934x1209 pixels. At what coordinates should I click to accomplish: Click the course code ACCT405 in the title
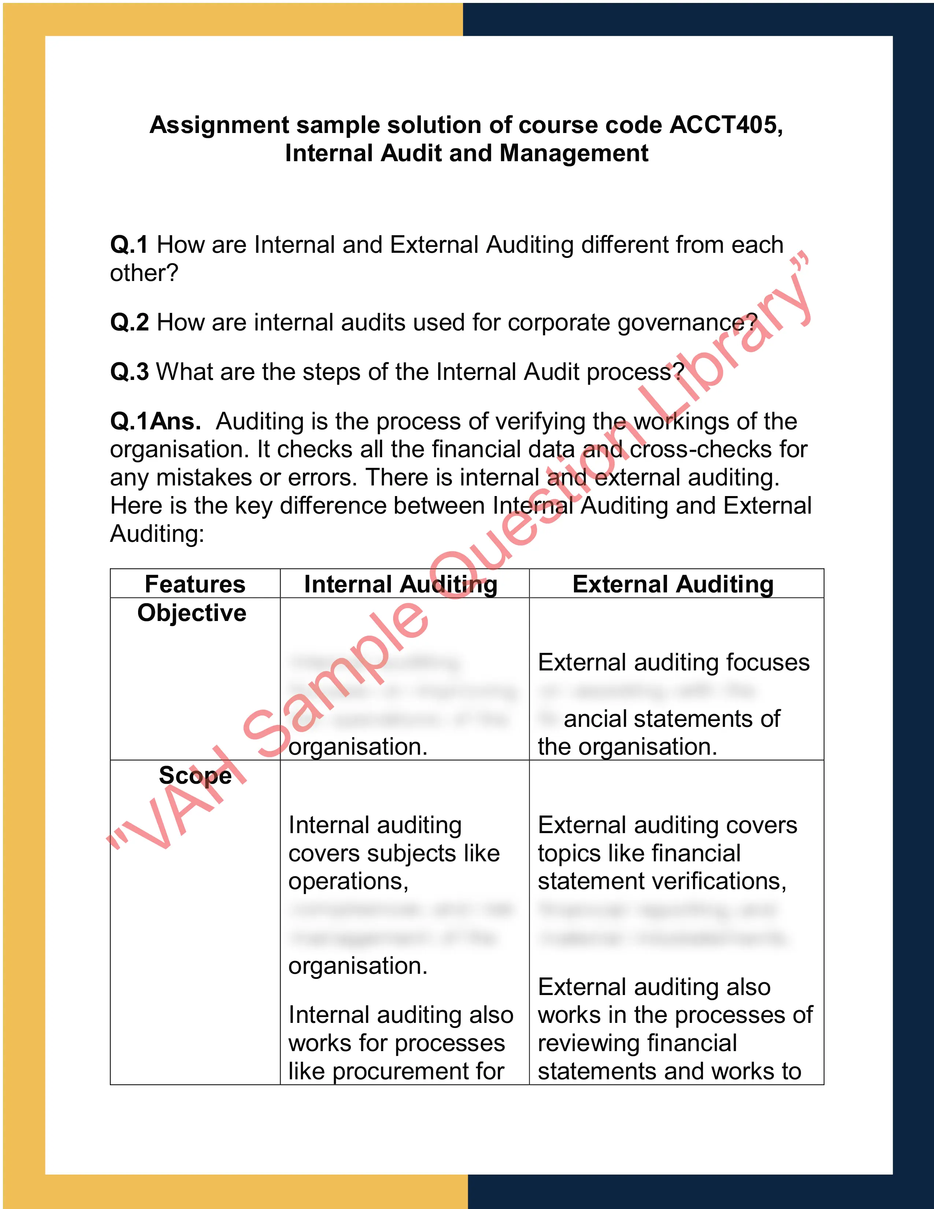(x=725, y=125)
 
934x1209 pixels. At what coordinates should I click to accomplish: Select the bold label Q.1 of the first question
(x=129, y=245)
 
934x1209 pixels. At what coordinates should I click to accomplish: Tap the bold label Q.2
(x=129, y=322)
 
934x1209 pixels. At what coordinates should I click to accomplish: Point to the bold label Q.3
(x=129, y=372)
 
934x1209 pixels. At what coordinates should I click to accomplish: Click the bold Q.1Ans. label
(x=155, y=421)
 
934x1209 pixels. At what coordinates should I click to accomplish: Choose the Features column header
(x=195, y=584)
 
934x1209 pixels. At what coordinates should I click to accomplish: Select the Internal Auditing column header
(x=401, y=584)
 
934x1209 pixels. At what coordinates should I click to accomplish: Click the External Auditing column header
(x=673, y=584)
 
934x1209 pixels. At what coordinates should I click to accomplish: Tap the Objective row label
(x=192, y=613)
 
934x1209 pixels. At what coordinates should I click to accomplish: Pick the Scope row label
(x=195, y=775)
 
